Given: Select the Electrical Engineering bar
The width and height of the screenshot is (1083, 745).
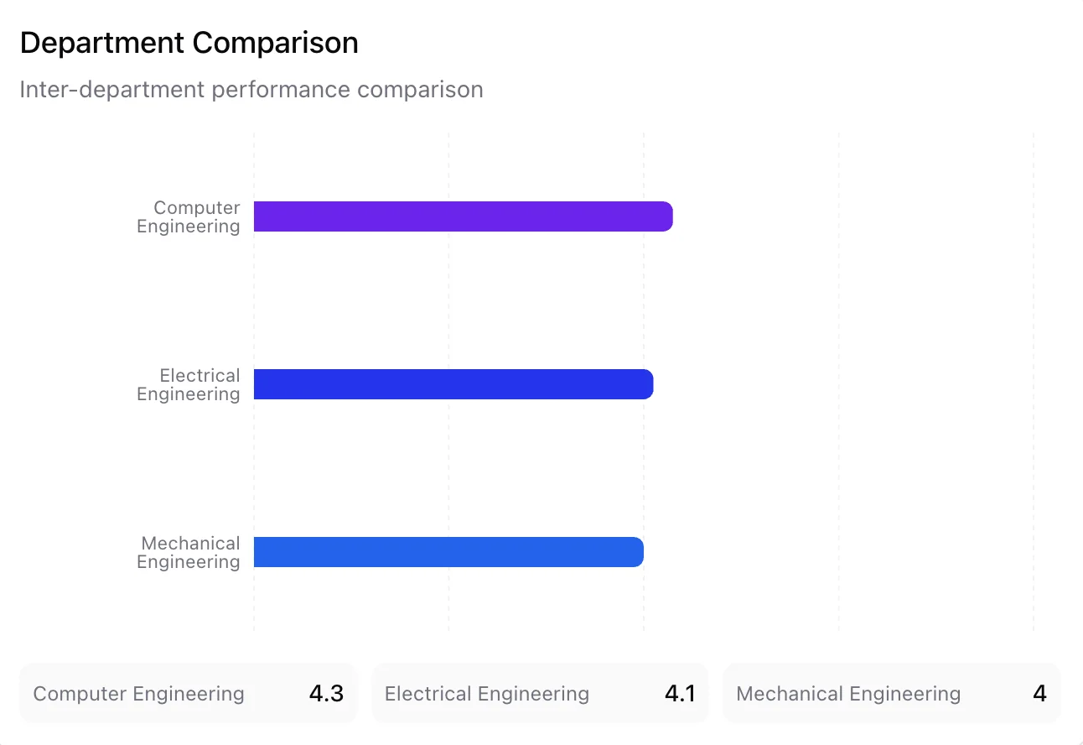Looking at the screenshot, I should click(453, 384).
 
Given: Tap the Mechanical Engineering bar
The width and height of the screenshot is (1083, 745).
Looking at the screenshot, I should click(448, 552).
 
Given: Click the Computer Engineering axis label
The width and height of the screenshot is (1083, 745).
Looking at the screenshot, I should click(189, 217).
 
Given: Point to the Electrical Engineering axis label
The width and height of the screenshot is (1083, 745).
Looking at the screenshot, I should click(189, 385).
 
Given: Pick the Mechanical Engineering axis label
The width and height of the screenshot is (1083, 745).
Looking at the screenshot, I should click(189, 553).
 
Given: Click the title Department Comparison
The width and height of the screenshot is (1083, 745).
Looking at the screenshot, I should click(189, 43).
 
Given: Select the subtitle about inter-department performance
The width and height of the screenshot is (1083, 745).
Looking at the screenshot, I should click(251, 90).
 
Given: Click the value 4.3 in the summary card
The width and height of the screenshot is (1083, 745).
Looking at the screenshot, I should click(326, 694).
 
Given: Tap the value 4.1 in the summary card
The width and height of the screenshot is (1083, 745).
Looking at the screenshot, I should click(679, 694).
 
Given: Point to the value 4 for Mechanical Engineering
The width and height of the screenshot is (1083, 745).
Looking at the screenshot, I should click(1039, 694).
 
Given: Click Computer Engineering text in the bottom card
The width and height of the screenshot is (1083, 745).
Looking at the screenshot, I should click(138, 694).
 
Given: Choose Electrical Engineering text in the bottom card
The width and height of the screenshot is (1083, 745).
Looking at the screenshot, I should click(486, 694).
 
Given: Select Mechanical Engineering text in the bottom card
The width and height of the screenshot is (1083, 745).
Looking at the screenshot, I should click(847, 694).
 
